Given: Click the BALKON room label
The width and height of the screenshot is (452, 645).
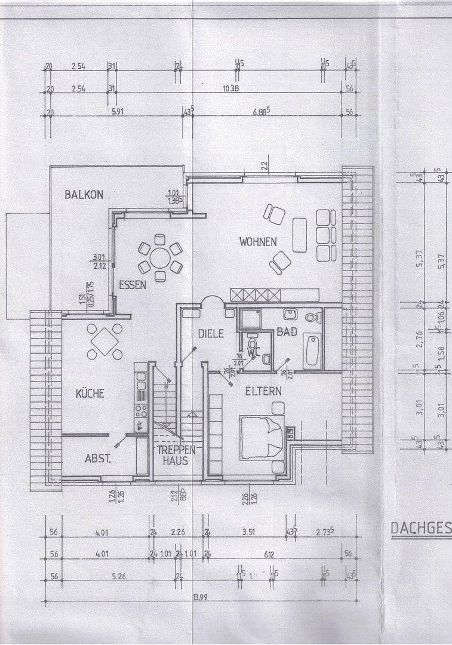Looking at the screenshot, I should click(x=84, y=194).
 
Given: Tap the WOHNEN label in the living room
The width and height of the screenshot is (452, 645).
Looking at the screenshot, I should click(x=258, y=242).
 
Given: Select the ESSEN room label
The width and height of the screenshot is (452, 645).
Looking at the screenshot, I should click(x=132, y=285).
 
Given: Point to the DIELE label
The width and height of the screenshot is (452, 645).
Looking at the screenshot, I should click(x=211, y=334).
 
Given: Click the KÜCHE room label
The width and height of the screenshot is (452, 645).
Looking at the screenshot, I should click(x=90, y=394).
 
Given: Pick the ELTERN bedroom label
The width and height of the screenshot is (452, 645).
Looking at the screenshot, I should click(x=263, y=391).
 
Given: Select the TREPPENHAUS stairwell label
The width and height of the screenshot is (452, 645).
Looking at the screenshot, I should click(x=173, y=454).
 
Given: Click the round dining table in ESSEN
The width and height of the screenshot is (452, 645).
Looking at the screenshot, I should click(x=160, y=258).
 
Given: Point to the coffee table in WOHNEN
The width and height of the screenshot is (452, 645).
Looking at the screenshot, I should click(x=300, y=235).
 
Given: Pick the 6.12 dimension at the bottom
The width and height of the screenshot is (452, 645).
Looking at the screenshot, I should click(x=269, y=555).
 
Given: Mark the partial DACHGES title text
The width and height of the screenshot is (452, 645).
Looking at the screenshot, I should click(x=420, y=528).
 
